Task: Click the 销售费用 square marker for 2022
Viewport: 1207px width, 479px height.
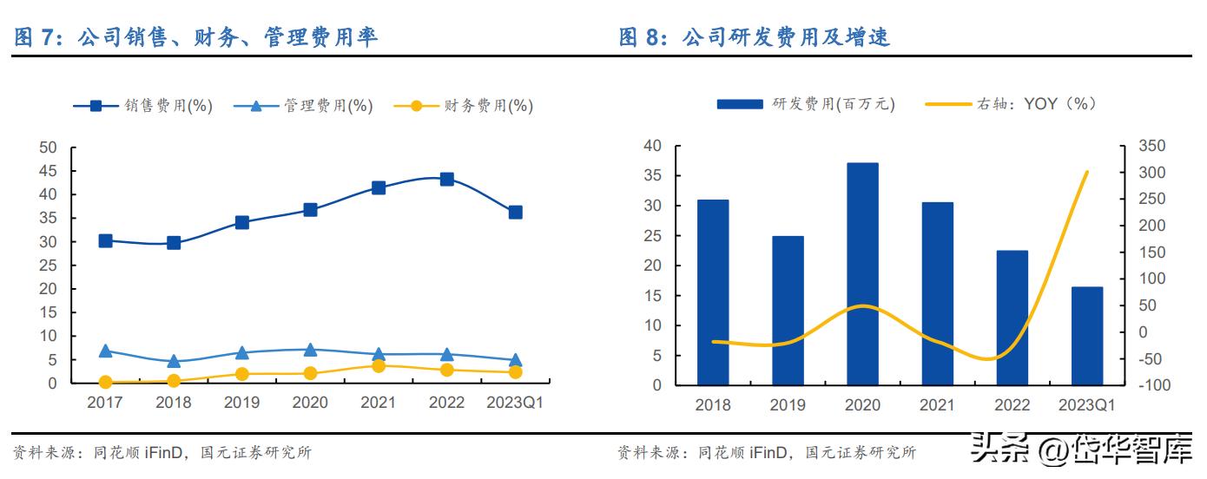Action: [x=446, y=179]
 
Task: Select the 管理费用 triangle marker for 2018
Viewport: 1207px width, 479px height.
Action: [x=174, y=361]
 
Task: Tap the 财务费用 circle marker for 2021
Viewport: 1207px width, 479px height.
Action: [x=379, y=366]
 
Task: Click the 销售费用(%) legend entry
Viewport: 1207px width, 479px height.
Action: [x=142, y=106]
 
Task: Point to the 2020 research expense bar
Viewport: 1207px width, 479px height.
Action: [x=862, y=273]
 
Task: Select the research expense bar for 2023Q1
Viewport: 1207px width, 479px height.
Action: [x=1086, y=336]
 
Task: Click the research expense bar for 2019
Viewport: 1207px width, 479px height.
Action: [x=788, y=310]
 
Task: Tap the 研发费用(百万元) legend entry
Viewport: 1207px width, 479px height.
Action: [x=806, y=104]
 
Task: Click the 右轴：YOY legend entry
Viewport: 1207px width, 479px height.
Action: [x=1011, y=104]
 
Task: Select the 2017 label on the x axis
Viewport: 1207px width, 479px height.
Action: [x=105, y=404]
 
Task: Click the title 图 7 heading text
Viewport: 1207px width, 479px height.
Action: [x=197, y=37]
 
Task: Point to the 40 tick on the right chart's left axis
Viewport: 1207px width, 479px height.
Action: [x=654, y=146]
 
